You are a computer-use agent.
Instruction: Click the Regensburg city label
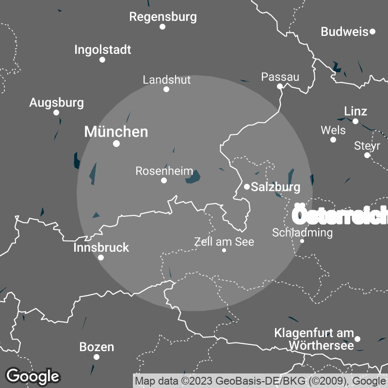click(163, 17)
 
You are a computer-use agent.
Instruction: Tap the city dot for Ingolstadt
click(102, 60)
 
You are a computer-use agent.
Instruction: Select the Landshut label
click(167, 80)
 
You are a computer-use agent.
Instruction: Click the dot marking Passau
click(280, 86)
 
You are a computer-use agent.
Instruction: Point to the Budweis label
click(344, 32)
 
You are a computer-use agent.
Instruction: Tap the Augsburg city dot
click(56, 113)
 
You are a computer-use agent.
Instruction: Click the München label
click(116, 131)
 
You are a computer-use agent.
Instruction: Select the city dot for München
click(116, 144)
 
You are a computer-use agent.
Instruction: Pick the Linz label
click(355, 111)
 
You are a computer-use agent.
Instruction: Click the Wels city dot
click(333, 140)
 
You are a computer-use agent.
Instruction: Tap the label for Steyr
click(367, 145)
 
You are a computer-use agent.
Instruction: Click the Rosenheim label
click(164, 171)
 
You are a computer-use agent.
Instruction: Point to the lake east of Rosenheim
click(193, 178)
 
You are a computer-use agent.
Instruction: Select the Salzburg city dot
click(247, 186)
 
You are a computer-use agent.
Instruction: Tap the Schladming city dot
click(302, 241)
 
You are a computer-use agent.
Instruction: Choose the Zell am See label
click(224, 242)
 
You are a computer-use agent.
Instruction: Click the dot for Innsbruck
click(101, 258)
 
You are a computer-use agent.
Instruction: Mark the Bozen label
click(97, 347)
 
